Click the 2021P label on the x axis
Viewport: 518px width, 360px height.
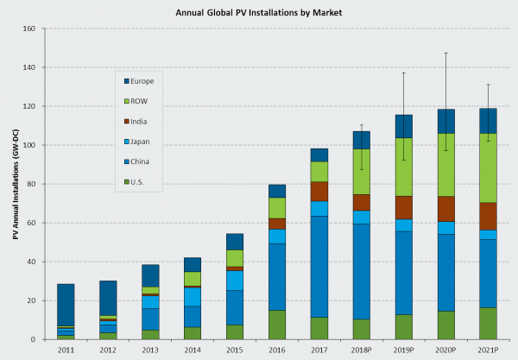coord(488,351)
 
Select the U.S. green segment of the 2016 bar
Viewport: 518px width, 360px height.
coord(277,325)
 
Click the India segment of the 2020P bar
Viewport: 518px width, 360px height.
coord(445,209)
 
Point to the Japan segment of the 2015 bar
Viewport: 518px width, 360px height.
coord(235,281)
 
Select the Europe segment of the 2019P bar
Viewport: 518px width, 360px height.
coord(403,126)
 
